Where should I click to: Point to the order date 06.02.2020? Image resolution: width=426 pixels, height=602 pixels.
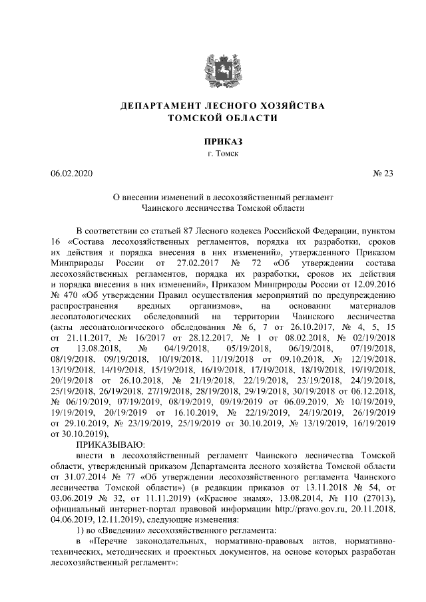(72, 174)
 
